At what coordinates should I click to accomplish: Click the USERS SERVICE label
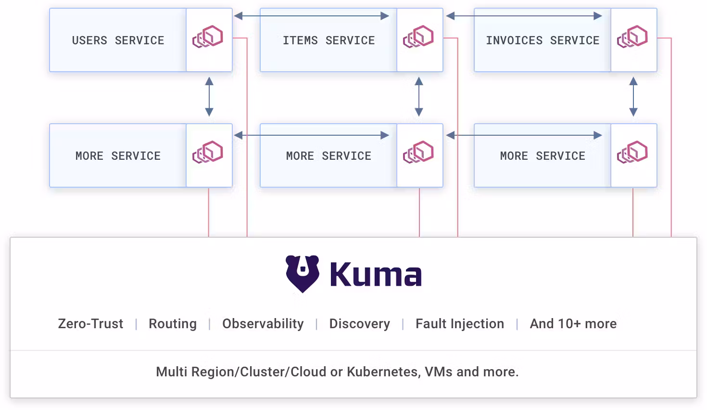[118, 40]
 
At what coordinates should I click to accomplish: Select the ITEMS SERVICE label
[328, 40]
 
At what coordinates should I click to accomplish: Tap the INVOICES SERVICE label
[543, 40]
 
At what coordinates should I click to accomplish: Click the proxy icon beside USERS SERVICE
[208, 37]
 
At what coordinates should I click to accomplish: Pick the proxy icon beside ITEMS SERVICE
[418, 37]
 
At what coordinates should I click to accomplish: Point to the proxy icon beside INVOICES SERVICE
[632, 37]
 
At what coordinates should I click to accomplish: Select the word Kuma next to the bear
[376, 274]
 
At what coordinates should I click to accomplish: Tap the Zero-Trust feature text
[90, 324]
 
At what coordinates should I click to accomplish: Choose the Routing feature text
[173, 324]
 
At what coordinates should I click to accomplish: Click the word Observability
[263, 324]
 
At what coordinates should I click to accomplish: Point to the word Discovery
[359, 324]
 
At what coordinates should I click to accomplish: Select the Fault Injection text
[459, 324]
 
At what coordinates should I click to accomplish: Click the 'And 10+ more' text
[573, 324]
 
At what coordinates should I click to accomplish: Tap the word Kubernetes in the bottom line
[383, 372]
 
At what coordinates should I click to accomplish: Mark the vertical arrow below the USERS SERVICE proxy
[209, 97]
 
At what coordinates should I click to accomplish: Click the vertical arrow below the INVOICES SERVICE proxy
[633, 97]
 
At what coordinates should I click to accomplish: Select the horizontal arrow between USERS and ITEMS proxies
[312, 16]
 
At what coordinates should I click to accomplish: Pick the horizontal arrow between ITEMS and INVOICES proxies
[524, 16]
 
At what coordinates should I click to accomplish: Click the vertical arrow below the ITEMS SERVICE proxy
[419, 97]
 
